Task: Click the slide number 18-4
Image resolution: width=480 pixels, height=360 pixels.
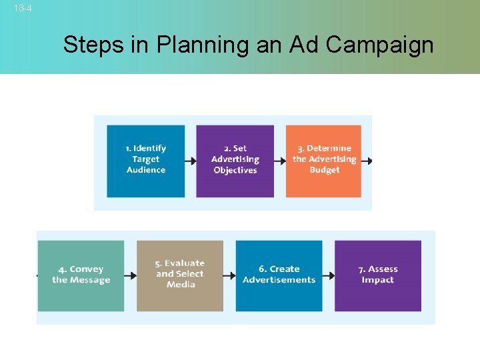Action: (23, 9)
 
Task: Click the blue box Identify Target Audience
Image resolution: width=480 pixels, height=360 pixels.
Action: (145, 161)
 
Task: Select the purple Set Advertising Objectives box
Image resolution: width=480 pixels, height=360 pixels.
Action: (235, 161)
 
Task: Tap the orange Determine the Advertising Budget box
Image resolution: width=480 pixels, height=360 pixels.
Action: (324, 161)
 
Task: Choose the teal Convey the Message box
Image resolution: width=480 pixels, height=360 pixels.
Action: (81, 275)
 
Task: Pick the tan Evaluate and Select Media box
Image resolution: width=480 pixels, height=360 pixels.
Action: (180, 275)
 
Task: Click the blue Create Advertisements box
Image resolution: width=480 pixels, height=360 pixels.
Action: (279, 275)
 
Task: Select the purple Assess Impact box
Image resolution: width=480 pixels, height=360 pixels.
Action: (378, 275)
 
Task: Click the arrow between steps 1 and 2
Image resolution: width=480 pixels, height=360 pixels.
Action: (191, 161)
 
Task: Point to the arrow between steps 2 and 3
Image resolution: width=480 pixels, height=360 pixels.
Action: (280, 161)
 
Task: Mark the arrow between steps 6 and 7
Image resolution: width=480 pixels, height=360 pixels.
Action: (329, 275)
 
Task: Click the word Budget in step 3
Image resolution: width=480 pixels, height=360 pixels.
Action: (325, 170)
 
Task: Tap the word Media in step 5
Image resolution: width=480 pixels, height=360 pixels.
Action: (181, 285)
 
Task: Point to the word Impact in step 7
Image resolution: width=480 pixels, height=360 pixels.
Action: (378, 280)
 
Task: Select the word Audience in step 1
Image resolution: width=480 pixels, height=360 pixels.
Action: (146, 170)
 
